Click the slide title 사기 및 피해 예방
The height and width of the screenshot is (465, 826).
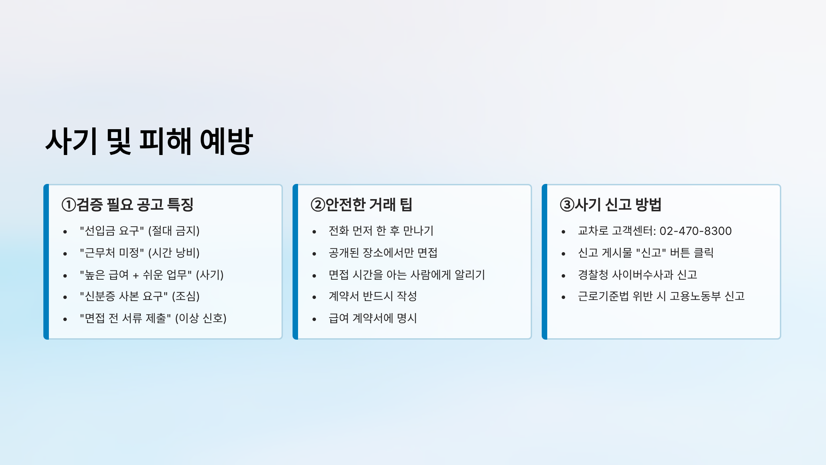(149, 141)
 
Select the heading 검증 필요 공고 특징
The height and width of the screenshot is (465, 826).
(135, 205)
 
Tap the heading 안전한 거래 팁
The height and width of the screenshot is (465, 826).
(369, 205)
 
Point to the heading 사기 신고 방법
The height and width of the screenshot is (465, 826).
(618, 205)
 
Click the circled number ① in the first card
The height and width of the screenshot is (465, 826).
(69, 205)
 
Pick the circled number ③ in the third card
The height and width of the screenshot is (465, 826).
(567, 205)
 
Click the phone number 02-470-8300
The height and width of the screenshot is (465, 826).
(696, 231)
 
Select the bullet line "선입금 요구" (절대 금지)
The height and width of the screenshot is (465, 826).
(140, 231)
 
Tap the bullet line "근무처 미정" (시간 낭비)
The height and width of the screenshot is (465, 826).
(140, 253)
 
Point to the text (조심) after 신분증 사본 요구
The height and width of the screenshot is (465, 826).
(186, 296)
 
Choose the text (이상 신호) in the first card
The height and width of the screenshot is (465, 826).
(201, 318)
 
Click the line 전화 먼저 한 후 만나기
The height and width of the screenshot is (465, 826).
(381, 231)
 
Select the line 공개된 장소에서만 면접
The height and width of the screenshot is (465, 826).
(383, 253)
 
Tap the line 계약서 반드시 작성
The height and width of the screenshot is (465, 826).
(373, 296)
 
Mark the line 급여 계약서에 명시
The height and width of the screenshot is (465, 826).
(373, 318)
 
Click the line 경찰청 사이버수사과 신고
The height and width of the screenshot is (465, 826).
(637, 275)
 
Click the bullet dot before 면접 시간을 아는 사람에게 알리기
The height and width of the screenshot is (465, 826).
(314, 276)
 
